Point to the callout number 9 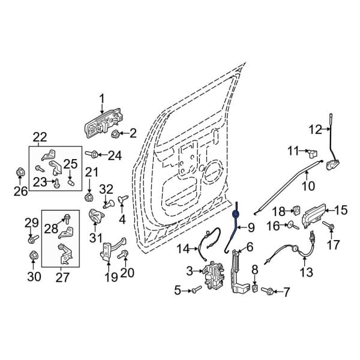[251, 227]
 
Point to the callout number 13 [306, 272]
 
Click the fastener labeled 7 [269, 292]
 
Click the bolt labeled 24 [94, 154]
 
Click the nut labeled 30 [34, 257]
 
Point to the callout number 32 [106, 190]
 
